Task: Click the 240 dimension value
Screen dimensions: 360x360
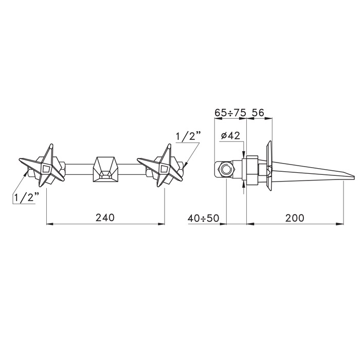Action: click(105, 218)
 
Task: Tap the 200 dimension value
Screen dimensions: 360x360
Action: click(295, 218)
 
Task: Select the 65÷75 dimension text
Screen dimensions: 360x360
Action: click(230, 113)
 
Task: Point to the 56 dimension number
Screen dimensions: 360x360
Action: click(259, 113)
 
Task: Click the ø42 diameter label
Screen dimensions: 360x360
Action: click(230, 136)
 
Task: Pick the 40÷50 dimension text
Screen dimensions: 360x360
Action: click(204, 218)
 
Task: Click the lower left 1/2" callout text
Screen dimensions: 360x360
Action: click(26, 197)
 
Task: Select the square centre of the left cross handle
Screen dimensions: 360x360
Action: click(46, 169)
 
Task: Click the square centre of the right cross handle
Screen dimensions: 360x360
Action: click(165, 169)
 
